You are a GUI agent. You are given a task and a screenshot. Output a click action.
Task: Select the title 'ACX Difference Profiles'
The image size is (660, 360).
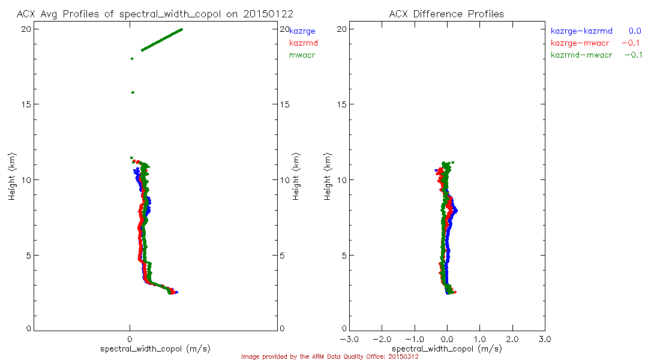click(x=446, y=13)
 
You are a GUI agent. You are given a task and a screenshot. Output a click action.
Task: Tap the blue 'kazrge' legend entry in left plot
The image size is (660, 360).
click(x=302, y=31)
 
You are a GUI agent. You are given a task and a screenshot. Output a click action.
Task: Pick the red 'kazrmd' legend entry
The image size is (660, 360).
click(x=304, y=43)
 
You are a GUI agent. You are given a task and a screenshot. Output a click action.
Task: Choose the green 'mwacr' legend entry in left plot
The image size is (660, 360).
click(x=302, y=55)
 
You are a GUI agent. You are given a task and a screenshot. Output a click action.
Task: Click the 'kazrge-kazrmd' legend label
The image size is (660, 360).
click(x=581, y=31)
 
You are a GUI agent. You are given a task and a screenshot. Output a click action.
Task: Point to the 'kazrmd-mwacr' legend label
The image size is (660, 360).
click(x=581, y=55)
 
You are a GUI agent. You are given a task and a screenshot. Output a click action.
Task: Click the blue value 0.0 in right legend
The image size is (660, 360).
click(x=635, y=31)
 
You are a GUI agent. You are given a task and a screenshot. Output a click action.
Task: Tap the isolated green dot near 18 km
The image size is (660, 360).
click(x=132, y=59)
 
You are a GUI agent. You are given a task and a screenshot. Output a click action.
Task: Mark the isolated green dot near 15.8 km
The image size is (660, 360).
click(x=133, y=92)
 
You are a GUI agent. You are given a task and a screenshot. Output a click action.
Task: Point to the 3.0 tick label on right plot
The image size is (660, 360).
click(x=545, y=339)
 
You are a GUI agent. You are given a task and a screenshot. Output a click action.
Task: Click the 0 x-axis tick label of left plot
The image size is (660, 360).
click(x=130, y=339)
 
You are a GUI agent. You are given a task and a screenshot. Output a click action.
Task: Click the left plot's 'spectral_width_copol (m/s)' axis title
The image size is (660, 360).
click(x=155, y=349)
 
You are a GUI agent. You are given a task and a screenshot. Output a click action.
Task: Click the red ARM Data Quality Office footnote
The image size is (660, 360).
click(x=329, y=356)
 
